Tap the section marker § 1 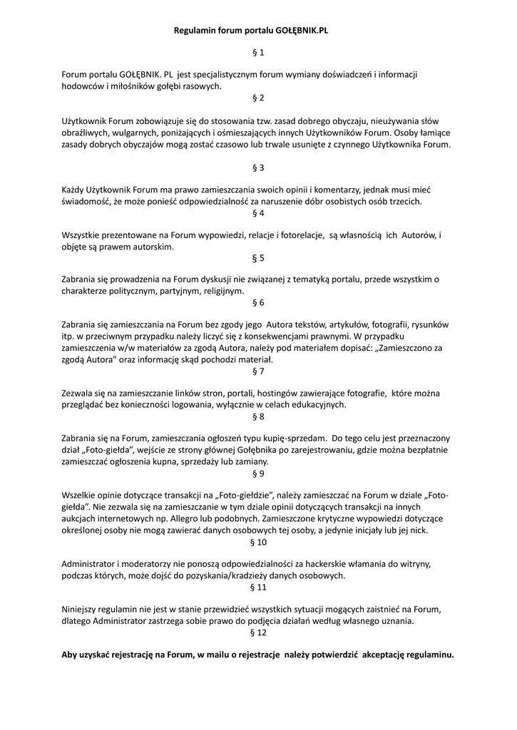(x=258, y=53)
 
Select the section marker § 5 (x=258, y=257)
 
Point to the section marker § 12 (x=258, y=632)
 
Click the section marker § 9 (x=258, y=473)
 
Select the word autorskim (x=153, y=247)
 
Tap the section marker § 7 (x=258, y=371)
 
